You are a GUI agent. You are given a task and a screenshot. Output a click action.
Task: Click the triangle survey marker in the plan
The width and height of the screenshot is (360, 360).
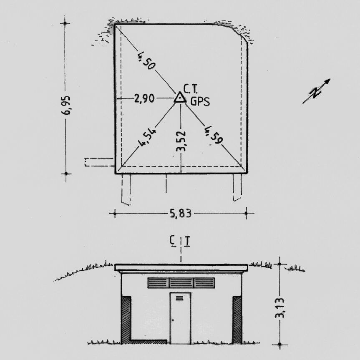180,97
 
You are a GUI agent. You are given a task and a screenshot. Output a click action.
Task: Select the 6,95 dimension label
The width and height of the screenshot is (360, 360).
67,105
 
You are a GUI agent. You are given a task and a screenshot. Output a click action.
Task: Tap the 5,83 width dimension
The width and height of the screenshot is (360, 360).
181,214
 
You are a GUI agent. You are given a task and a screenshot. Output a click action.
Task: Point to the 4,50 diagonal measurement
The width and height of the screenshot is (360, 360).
146,60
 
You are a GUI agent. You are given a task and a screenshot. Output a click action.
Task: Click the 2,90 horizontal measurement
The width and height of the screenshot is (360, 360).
144,98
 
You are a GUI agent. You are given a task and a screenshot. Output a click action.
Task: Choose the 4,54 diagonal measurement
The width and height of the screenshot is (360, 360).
147,138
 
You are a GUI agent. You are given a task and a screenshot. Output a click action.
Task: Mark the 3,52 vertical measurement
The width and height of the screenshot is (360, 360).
181,141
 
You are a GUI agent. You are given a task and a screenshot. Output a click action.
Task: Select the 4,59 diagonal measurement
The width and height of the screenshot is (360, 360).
214,135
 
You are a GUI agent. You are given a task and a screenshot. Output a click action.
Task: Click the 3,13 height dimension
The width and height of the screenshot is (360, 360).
280,308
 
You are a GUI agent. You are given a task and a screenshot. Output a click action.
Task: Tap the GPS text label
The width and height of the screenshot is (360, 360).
200,101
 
